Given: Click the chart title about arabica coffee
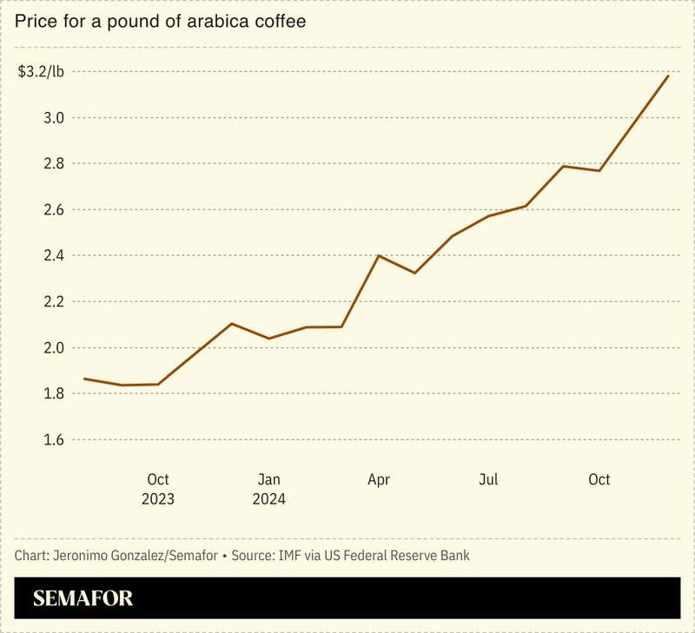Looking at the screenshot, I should [x=160, y=21].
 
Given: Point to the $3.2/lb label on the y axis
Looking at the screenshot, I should [x=41, y=71].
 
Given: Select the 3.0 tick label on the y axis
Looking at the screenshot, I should [x=53, y=117].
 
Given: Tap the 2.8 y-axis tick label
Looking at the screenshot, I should [x=53, y=163].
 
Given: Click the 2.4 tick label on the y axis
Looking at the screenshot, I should [x=53, y=255].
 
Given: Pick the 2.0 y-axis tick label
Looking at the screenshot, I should [x=53, y=347].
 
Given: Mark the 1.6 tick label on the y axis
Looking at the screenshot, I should [x=53, y=439].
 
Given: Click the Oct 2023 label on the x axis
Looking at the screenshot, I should [x=158, y=489].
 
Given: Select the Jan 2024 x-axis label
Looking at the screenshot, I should [x=268, y=489].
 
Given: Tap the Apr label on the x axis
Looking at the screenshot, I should [x=379, y=479].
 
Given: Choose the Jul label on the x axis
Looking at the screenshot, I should [x=489, y=479].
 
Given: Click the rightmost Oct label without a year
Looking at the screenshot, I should [x=599, y=479].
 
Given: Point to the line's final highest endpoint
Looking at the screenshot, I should [x=668, y=76].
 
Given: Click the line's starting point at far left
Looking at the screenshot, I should [x=84, y=379].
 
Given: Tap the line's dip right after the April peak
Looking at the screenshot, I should [x=415, y=274].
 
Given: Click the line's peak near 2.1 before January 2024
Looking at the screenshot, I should [x=231, y=324].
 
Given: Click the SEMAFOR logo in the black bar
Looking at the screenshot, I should [x=83, y=598].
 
